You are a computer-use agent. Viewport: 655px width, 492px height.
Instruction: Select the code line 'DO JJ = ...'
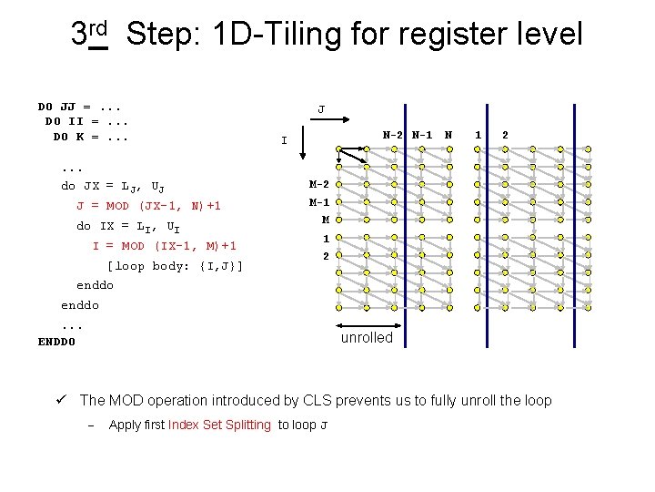coord(82,107)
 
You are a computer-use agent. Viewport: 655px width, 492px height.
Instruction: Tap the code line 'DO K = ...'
coord(90,137)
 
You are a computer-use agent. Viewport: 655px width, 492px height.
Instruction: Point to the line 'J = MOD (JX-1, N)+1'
coord(148,206)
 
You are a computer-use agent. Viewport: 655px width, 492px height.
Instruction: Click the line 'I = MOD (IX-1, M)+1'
coord(164,246)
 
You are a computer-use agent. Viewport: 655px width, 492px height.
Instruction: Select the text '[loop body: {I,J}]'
coord(175,266)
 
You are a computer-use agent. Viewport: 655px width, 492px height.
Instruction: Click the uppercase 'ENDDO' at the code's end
coord(56,342)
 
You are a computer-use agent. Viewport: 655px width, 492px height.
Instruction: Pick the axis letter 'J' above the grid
coord(320,110)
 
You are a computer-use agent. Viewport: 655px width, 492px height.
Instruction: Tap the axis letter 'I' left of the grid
coord(284,141)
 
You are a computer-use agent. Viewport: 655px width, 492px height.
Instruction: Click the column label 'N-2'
coord(393,135)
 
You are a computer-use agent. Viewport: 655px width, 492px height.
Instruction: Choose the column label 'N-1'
coord(421,135)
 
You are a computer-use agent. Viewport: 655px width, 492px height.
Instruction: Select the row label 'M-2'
coord(318,185)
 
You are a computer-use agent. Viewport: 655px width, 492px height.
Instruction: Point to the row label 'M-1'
coord(318,202)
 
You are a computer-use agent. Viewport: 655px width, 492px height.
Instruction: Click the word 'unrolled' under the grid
coord(367,338)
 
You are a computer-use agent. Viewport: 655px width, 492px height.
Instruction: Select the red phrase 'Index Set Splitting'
coord(219,425)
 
